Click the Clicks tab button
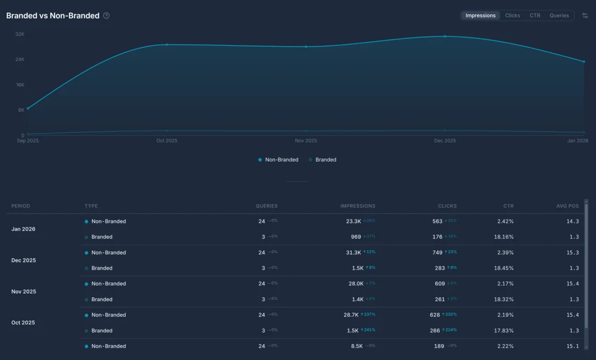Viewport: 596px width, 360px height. pyautogui.click(x=512, y=15)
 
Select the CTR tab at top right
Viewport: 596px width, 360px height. pyautogui.click(x=535, y=15)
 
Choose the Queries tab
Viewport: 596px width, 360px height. pyautogui.click(x=559, y=15)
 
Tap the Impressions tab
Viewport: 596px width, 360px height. pyautogui.click(x=480, y=15)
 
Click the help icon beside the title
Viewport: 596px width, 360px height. pyautogui.click(x=106, y=15)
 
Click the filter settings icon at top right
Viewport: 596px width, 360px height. pyautogui.click(x=585, y=15)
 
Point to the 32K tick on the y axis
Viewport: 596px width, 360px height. pyautogui.click(x=20, y=34)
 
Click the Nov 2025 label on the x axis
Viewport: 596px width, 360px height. pyautogui.click(x=306, y=141)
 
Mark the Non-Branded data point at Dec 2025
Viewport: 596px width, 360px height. pyautogui.click(x=445, y=37)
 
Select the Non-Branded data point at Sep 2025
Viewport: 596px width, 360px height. pyautogui.click(x=28, y=108)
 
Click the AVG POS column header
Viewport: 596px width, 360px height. pyautogui.click(x=568, y=206)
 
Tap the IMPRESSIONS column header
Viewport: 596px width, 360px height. pyautogui.click(x=358, y=206)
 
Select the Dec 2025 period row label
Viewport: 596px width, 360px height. pyautogui.click(x=24, y=261)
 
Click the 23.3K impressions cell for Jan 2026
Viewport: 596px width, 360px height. pyautogui.click(x=353, y=221)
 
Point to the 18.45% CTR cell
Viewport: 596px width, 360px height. pyautogui.click(x=503, y=268)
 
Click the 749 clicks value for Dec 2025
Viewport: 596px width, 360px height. pyautogui.click(x=437, y=253)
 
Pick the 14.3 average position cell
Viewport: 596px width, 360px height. pyautogui.click(x=573, y=221)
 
